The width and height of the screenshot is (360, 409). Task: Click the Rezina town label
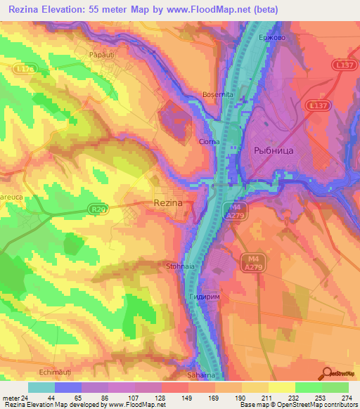pos(168,202)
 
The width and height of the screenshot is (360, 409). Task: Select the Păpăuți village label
pos(101,53)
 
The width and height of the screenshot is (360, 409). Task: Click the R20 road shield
pos(101,209)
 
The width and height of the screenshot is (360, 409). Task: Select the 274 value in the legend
pos(347,397)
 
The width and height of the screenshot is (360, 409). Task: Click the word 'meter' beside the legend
pos(10,397)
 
